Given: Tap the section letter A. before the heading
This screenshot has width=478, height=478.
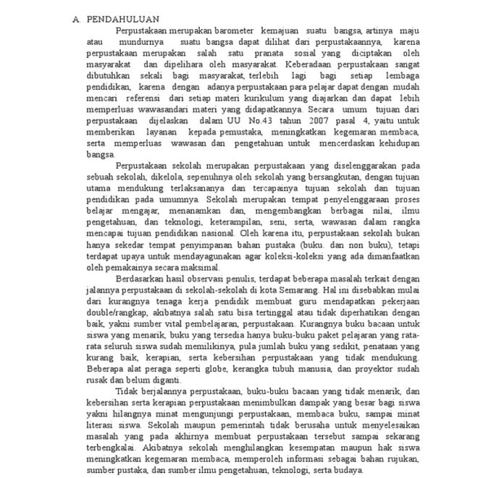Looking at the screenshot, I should tap(77, 18).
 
